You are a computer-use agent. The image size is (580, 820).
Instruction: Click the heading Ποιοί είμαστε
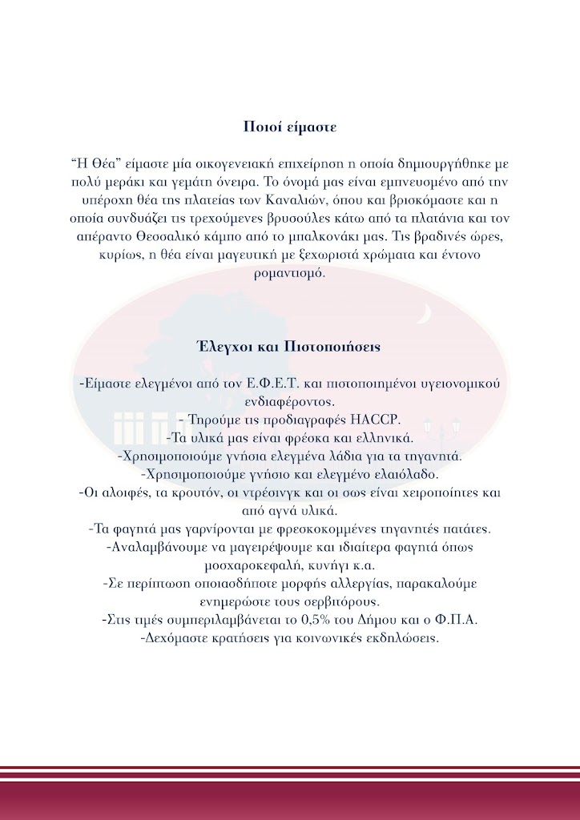click(x=290, y=127)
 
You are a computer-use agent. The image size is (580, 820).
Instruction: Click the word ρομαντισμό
click(x=289, y=273)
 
